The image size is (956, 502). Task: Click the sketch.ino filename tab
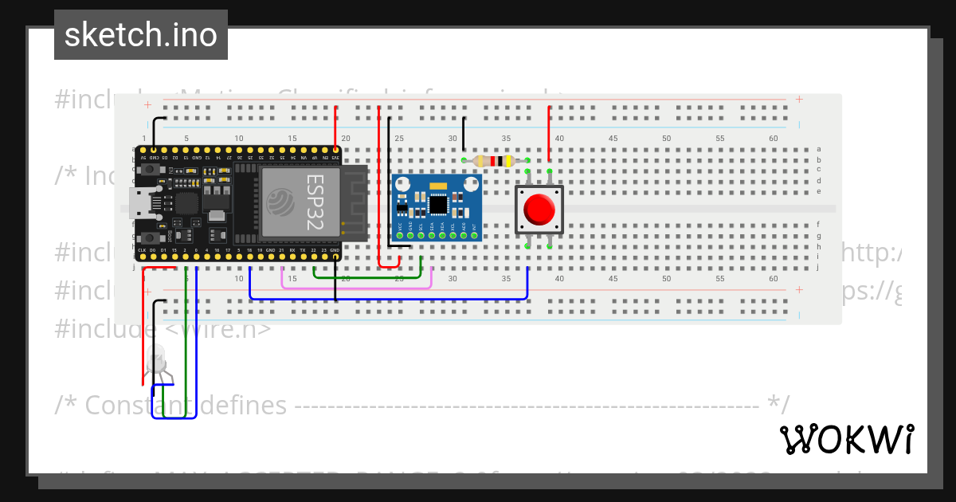click(x=140, y=35)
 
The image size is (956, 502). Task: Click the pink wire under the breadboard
click(x=357, y=287)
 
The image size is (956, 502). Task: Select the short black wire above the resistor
click(x=464, y=135)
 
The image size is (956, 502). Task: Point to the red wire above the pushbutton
click(x=549, y=131)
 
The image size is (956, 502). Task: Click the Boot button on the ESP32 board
click(x=147, y=238)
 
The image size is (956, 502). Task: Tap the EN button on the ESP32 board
click(x=147, y=170)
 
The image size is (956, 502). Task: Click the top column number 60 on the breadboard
click(x=773, y=139)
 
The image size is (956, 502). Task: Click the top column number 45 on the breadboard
click(x=613, y=139)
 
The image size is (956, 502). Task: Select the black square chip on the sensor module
click(x=437, y=205)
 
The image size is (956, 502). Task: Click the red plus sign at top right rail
click(x=799, y=100)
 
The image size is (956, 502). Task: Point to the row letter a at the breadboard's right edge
click(x=818, y=149)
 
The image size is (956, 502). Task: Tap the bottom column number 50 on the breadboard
click(x=666, y=279)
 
